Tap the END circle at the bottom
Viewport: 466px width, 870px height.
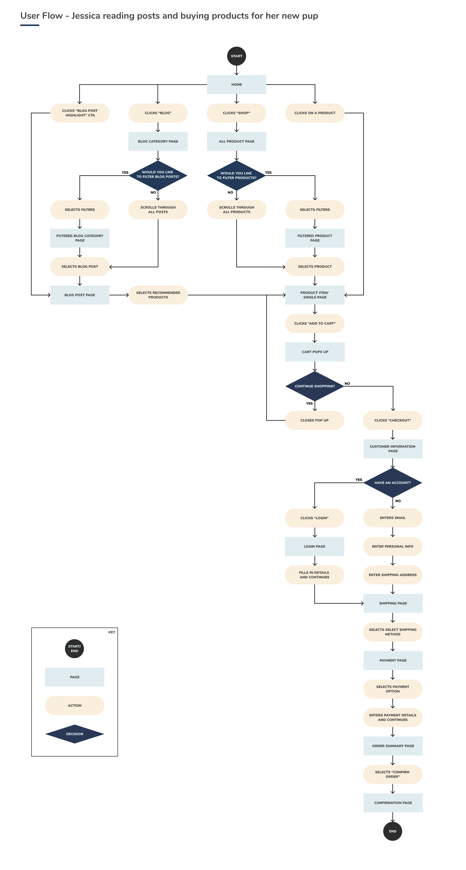click(393, 831)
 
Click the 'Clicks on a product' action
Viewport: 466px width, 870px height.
click(314, 113)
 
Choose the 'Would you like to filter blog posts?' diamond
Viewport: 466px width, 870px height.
click(158, 175)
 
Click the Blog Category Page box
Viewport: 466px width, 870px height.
click(158, 141)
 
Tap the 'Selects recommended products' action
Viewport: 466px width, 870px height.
click(158, 295)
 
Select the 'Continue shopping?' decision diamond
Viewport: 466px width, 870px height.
click(314, 386)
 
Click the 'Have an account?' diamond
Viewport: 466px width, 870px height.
click(393, 483)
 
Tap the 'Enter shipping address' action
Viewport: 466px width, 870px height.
click(393, 575)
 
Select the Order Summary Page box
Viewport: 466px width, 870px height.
click(393, 746)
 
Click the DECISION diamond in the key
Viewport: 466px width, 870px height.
click(75, 734)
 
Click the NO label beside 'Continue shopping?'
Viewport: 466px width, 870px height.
click(347, 383)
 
